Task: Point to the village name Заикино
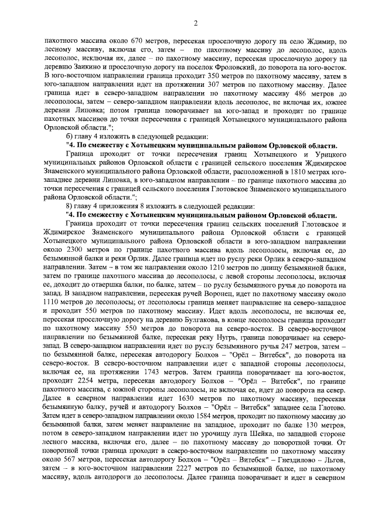point(83,68)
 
